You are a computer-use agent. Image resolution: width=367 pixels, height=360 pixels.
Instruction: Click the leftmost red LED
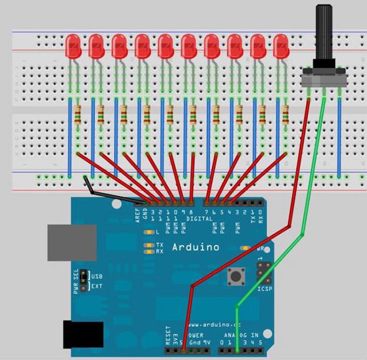click(73, 47)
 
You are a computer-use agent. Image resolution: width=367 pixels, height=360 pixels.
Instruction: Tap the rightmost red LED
click(281, 47)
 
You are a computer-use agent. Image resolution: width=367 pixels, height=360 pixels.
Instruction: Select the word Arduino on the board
click(195, 247)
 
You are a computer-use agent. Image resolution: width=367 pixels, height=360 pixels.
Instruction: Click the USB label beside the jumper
click(97, 277)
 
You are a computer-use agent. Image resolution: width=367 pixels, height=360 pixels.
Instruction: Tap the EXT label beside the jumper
click(97, 286)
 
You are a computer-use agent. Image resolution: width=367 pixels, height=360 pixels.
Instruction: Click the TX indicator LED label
click(159, 245)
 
